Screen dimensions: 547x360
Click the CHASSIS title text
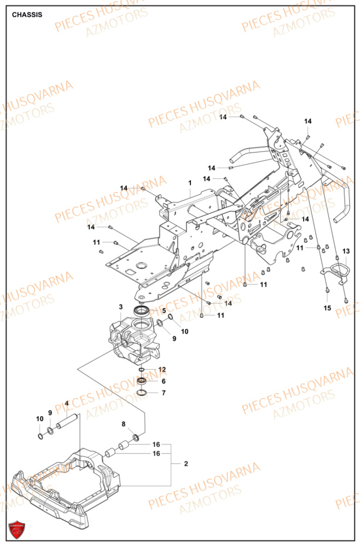[x=27, y=15]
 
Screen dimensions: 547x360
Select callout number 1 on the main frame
[x=190, y=182]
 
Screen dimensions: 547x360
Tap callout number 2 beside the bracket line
[x=186, y=464]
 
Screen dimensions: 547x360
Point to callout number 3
[x=121, y=307]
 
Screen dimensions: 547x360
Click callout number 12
[x=161, y=370]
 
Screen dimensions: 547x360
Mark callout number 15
[x=327, y=308]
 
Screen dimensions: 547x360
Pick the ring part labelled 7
[x=142, y=393]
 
